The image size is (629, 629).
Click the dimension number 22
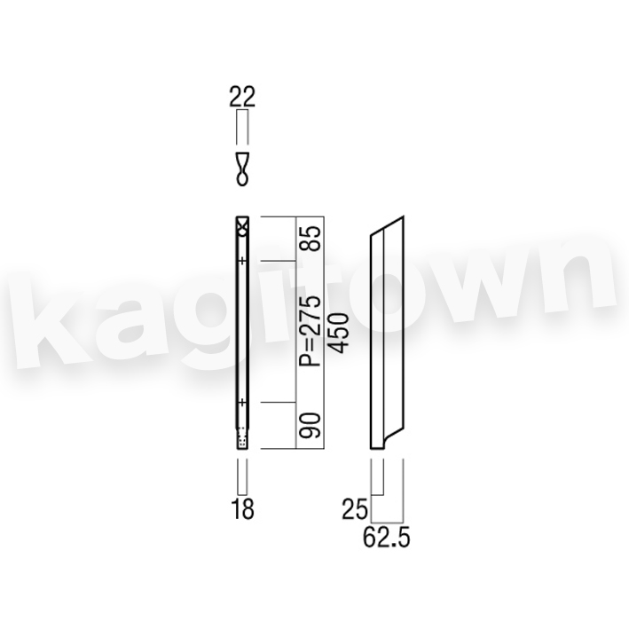242,97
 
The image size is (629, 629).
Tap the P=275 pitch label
311,331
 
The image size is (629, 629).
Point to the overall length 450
337,333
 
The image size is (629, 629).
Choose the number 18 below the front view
242,509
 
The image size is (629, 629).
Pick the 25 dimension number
355,510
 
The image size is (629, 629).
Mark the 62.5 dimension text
386,537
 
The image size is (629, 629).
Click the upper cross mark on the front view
242,262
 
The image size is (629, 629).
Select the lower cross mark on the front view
242,402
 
